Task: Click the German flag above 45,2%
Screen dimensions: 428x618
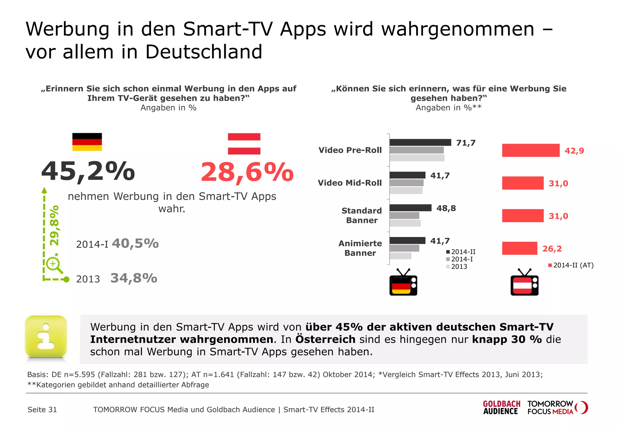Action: tap(87, 142)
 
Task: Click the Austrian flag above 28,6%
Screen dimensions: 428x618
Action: tap(244, 144)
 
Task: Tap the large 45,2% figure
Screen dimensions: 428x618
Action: tap(88, 171)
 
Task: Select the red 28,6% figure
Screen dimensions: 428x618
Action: tap(247, 172)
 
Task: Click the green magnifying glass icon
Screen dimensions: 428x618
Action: tap(54, 265)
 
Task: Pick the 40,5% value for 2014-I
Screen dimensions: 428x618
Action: tap(135, 243)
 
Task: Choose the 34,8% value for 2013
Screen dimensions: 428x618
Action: tap(134, 278)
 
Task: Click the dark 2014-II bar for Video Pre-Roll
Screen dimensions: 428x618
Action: tap(420, 142)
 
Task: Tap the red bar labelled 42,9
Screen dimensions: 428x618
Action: tap(530, 150)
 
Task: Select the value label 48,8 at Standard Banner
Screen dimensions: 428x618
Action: tap(446, 208)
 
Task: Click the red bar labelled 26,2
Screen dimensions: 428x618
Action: tap(519, 248)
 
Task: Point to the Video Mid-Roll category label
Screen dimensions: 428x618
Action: tap(350, 183)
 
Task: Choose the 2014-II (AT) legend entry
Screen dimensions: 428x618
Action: tap(571, 265)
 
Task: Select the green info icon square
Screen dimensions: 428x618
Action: tap(46, 337)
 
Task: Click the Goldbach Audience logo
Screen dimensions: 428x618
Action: tap(501, 407)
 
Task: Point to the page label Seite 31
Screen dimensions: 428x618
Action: tap(42, 410)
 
